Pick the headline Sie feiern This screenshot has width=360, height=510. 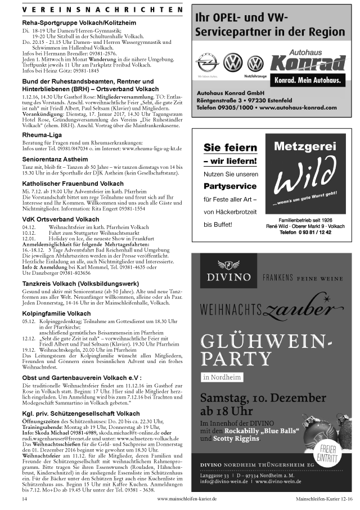229,148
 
